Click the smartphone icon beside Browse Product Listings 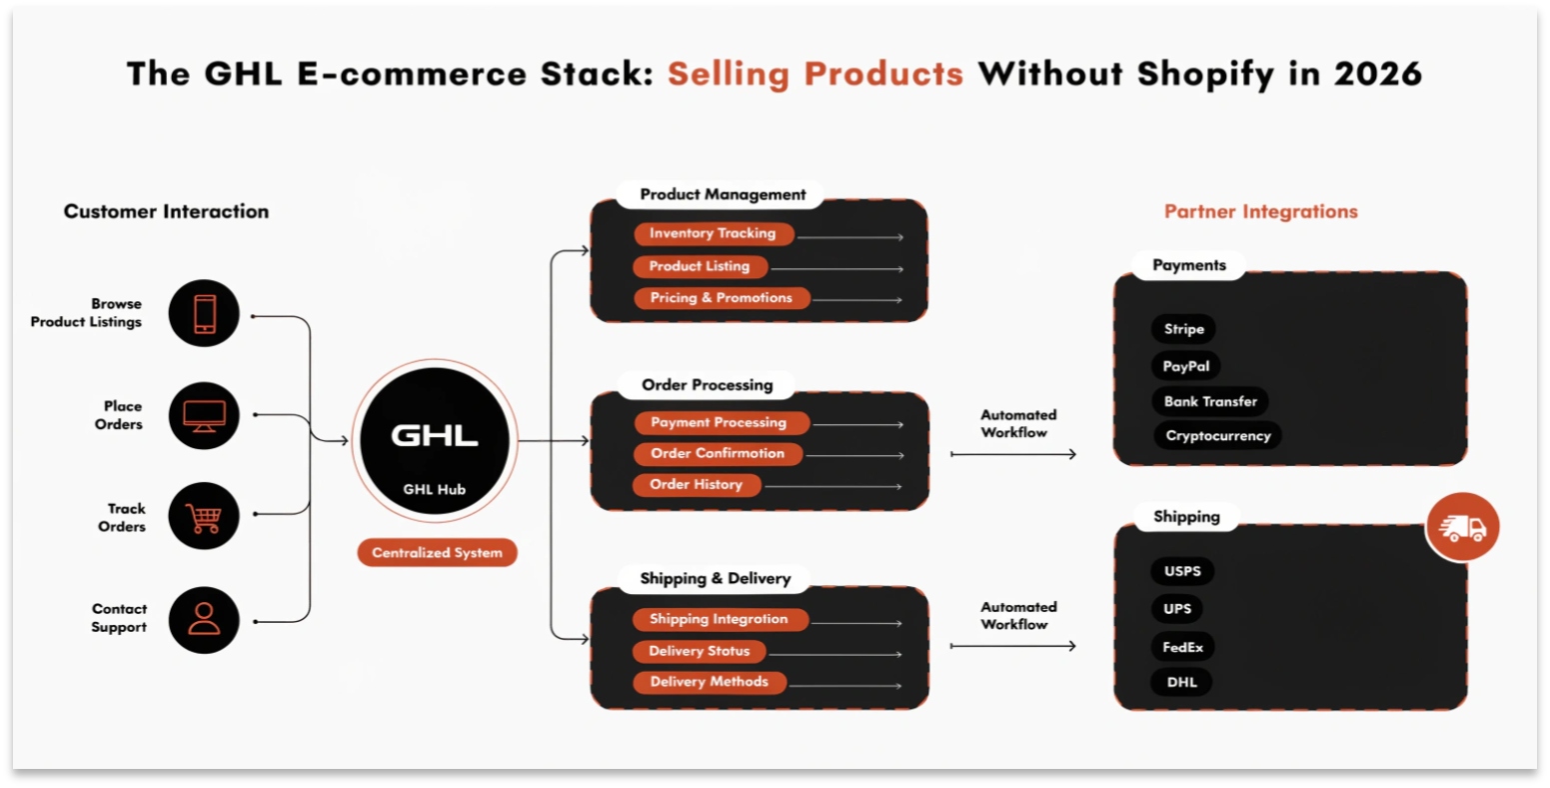click(x=204, y=313)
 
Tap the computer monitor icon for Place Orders click(x=204, y=415)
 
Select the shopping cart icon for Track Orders click(x=204, y=517)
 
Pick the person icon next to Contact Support click(x=204, y=619)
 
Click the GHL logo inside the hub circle click(x=434, y=436)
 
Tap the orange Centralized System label click(x=437, y=552)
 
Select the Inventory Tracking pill click(x=713, y=233)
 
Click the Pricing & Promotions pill click(x=721, y=298)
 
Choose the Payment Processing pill click(x=719, y=422)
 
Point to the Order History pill click(x=697, y=484)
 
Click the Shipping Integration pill click(x=719, y=619)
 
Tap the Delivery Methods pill click(x=709, y=682)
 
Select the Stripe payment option click(x=1183, y=329)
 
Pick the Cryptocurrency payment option click(x=1217, y=436)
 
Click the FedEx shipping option click(x=1182, y=647)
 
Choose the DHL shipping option click(x=1181, y=682)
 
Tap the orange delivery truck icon click(x=1462, y=528)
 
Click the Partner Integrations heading click(x=1260, y=211)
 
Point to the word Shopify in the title click(x=1208, y=74)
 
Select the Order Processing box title click(x=707, y=385)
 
